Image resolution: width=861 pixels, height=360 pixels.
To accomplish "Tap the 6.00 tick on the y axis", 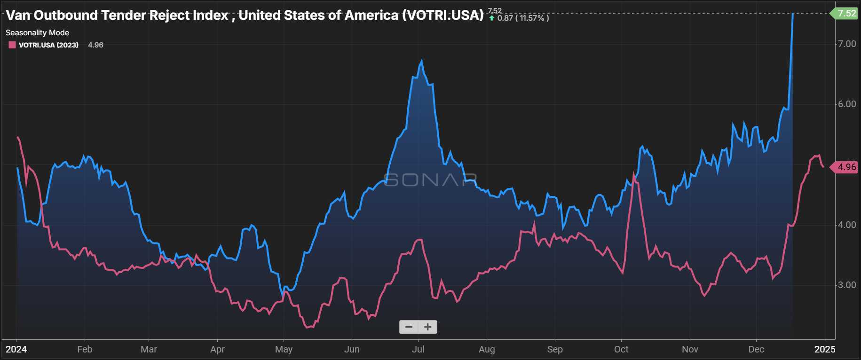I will coord(847,104).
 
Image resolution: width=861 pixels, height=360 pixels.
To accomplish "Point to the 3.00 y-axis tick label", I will coord(847,285).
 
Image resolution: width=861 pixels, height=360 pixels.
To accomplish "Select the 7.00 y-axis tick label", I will coord(847,44).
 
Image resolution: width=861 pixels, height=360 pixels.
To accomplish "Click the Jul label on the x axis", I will coord(418,349).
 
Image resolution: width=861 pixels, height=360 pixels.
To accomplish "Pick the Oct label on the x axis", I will coord(621,349).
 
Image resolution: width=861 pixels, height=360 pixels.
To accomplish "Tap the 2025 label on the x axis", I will coord(825,349).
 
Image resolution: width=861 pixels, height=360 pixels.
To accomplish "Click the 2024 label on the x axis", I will coord(16,349).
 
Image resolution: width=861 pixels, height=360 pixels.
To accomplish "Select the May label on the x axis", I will coord(284,349).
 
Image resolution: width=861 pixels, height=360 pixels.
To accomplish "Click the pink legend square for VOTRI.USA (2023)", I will coord(12,45).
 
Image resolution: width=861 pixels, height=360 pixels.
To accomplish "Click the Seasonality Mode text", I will coord(37,33).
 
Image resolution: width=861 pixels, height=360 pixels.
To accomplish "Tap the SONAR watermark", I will coord(430,180).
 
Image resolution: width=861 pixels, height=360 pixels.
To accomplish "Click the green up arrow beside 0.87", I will coord(492,18).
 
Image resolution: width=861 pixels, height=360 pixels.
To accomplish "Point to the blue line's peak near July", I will coord(421,61).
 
